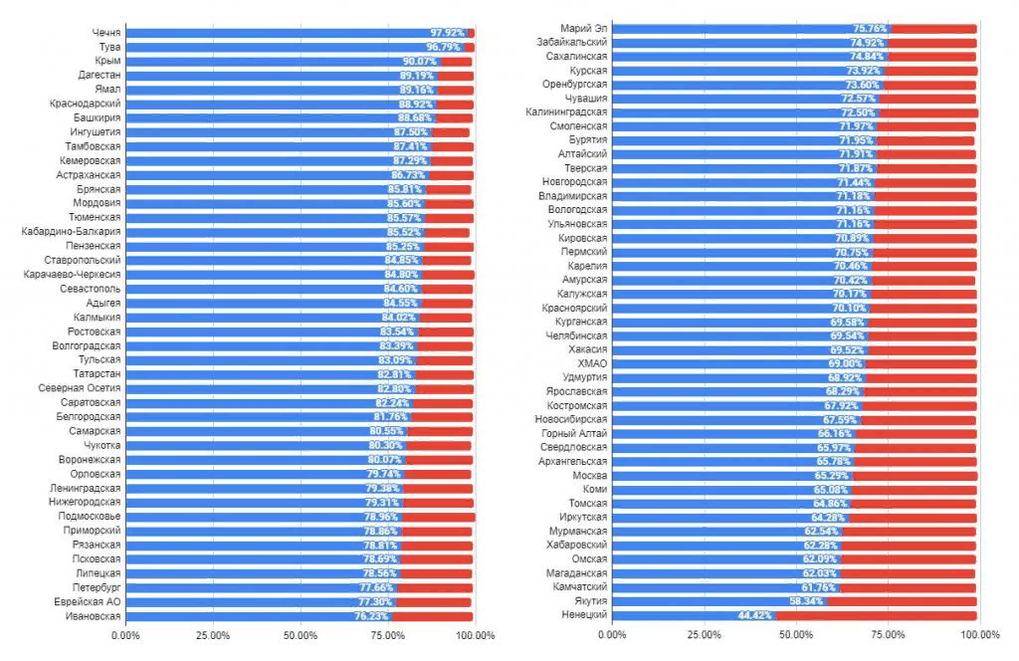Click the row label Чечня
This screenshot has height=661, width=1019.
click(105, 33)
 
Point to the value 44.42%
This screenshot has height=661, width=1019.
click(755, 615)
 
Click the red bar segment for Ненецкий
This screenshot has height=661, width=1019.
click(876, 615)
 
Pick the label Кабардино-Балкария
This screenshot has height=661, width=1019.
click(72, 232)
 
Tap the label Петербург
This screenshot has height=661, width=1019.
click(97, 588)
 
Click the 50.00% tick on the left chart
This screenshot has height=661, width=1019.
click(301, 635)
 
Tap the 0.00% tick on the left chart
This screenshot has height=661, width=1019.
click(126, 635)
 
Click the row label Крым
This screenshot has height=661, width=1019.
click(107, 61)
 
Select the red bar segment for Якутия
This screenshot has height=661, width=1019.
click(902, 601)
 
